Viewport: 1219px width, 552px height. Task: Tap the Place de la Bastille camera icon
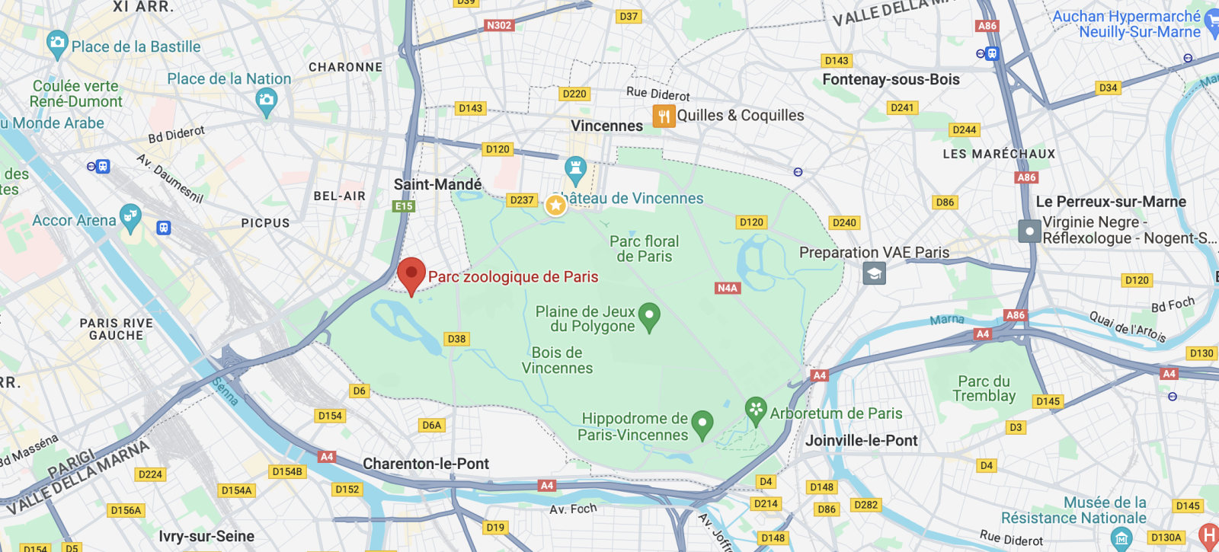(57, 44)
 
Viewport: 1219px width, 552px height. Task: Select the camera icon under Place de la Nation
(266, 101)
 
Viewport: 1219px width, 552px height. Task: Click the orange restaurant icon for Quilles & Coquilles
(664, 116)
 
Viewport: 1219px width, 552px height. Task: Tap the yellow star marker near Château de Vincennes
(555, 204)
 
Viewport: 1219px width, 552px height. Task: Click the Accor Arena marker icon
(130, 217)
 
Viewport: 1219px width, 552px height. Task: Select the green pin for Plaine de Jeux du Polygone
(649, 316)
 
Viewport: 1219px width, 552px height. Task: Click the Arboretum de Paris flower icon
(755, 410)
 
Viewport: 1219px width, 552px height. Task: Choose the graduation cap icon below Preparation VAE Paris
(874, 273)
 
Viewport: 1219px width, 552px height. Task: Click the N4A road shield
(727, 288)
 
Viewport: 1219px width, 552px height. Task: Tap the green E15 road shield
(403, 206)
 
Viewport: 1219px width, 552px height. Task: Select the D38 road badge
(456, 339)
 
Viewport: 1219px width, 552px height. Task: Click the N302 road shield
(499, 25)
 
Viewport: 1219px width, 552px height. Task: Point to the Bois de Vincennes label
(557, 360)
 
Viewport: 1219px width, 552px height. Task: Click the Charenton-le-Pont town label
(426, 464)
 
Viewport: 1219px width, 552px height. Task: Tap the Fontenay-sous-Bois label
(891, 79)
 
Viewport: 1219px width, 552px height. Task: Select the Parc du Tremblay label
(984, 388)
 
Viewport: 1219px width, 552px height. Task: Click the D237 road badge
(522, 200)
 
